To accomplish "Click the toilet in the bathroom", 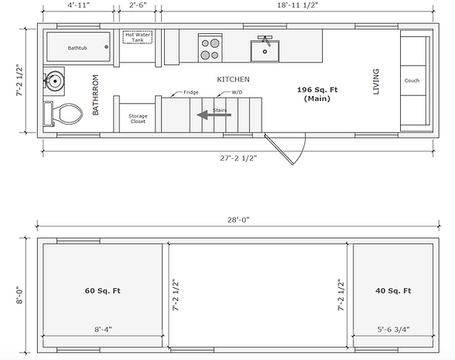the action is [63, 114].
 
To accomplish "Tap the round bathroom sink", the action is [54, 81].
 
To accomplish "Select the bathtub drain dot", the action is [107, 46].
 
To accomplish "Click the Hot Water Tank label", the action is [138, 37].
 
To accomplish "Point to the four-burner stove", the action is [210, 48].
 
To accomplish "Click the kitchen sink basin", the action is [265, 51].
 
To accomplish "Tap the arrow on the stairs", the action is [214, 115].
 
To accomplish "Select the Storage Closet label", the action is [138, 118].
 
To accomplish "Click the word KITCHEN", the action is [234, 79].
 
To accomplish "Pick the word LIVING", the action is [376, 81].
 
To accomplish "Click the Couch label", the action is [412, 81].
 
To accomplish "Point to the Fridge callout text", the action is [191, 92].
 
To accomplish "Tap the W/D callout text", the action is [237, 92].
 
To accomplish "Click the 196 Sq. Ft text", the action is [317, 90].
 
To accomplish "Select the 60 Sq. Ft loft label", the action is [102, 290].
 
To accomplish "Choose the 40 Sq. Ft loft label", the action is [393, 290].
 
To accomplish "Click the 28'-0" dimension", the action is [238, 220].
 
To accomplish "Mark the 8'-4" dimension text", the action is [103, 330].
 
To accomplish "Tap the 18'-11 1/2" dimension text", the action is [298, 5].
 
